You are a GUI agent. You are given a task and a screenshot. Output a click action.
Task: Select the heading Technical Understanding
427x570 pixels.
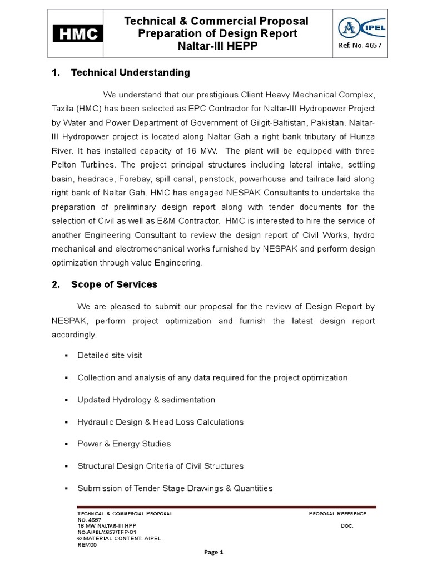(130, 72)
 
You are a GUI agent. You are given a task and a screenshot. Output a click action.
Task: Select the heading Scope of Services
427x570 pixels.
(114, 284)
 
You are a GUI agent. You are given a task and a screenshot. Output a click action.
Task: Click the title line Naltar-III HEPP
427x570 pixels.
(216, 46)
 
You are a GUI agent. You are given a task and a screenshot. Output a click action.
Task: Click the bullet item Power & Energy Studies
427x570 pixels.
(124, 444)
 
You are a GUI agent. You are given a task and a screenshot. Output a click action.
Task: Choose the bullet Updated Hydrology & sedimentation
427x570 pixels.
(146, 400)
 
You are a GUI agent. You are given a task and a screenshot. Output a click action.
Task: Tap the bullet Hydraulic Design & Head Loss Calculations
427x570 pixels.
(160, 422)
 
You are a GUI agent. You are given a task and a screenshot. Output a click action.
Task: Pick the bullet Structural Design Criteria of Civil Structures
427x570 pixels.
(160, 466)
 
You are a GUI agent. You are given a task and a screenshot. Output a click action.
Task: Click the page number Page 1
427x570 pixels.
(213, 552)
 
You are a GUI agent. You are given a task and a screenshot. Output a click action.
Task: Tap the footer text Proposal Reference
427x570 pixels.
(337, 513)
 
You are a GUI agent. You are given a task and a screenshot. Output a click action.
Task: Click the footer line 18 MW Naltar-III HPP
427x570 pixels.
(106, 526)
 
